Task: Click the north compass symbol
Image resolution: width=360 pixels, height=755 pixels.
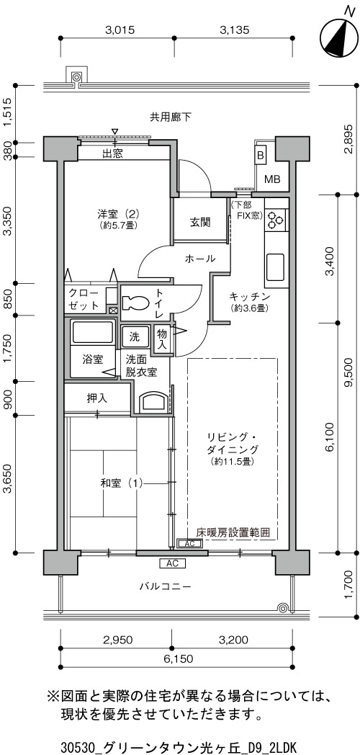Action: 337,35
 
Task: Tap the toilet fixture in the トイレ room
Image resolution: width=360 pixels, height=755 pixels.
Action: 137,303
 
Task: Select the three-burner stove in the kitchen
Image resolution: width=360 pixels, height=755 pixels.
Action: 275,218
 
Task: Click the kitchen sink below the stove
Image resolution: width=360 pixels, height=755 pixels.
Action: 275,268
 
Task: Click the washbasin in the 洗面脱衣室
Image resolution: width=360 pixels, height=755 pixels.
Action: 153,402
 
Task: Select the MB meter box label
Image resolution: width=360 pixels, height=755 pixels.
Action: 272,179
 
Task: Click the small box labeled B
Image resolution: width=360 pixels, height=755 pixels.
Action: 260,155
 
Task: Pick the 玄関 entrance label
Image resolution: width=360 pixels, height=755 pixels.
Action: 199,222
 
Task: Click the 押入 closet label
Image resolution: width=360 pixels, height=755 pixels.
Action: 97,398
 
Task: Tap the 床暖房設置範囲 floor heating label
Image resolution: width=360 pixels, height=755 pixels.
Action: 233,532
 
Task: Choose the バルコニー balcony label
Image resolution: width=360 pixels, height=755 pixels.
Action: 166,586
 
